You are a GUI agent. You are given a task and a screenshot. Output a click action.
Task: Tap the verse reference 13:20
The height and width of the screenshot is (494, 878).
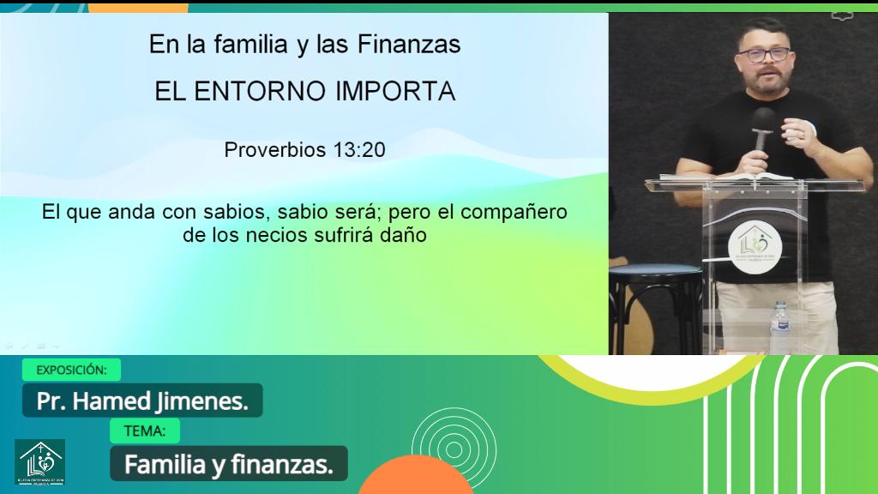360,150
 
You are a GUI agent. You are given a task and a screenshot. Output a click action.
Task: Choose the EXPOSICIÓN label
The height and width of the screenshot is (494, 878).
71,370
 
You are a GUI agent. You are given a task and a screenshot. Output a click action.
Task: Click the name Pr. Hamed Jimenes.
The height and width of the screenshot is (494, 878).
142,401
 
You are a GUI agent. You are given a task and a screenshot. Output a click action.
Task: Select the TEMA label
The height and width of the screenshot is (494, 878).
145,431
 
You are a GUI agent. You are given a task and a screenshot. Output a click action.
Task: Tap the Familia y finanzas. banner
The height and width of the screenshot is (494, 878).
228,464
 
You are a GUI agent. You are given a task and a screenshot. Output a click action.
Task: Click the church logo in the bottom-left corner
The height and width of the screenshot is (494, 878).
39,463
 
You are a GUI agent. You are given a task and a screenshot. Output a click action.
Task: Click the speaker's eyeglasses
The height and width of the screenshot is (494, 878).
762,55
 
